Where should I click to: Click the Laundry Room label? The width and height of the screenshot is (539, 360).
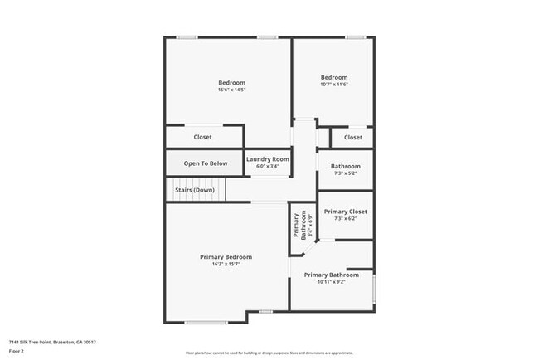268,158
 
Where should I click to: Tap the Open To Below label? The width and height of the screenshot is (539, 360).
206,163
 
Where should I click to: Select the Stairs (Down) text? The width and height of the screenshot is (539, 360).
194,190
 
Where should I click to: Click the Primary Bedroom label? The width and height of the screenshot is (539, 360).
226,257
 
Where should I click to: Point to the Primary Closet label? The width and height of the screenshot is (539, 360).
345,212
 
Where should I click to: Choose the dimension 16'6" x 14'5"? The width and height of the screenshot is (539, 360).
231,90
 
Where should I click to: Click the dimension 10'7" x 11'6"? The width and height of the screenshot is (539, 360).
334,85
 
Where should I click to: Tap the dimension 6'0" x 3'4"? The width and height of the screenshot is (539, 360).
268,166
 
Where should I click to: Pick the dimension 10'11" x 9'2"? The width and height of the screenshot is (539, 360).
331,282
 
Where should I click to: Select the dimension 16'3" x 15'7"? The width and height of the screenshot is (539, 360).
226,265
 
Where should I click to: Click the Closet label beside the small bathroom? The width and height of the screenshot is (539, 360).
353,137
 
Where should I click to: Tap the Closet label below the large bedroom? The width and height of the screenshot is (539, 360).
202,137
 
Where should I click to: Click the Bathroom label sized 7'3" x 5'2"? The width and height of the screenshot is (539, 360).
345,166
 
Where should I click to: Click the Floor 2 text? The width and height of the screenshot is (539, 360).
17,351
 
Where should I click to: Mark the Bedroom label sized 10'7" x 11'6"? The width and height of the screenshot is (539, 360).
334,77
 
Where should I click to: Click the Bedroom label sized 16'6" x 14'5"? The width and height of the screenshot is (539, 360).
231,82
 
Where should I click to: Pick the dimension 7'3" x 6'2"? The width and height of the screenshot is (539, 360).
345,219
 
